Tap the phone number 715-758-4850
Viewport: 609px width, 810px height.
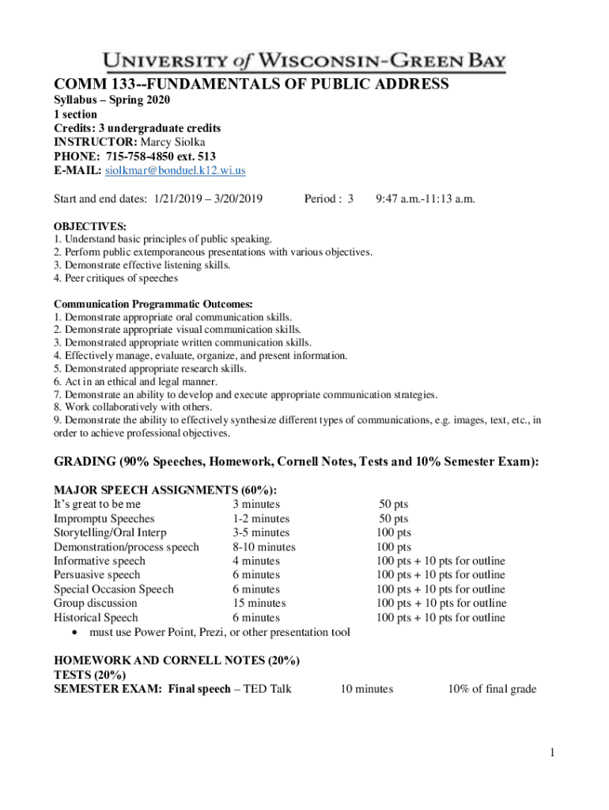[x=146, y=156]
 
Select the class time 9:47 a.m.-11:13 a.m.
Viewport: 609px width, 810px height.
[x=425, y=198]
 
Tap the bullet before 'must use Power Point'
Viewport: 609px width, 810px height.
[x=74, y=632]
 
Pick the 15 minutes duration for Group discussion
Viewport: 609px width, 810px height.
[x=259, y=603]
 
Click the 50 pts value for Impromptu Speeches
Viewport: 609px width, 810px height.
[x=393, y=518]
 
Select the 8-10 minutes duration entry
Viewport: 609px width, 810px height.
[x=263, y=547]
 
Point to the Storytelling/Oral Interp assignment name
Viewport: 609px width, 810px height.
[x=110, y=532]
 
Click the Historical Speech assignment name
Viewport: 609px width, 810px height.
[x=96, y=617]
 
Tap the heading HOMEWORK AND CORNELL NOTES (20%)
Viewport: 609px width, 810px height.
[x=176, y=660]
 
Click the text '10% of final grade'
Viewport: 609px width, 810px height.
[x=491, y=689]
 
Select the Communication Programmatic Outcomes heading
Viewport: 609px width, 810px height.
[x=153, y=304]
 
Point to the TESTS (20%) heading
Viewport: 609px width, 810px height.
[x=89, y=674]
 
